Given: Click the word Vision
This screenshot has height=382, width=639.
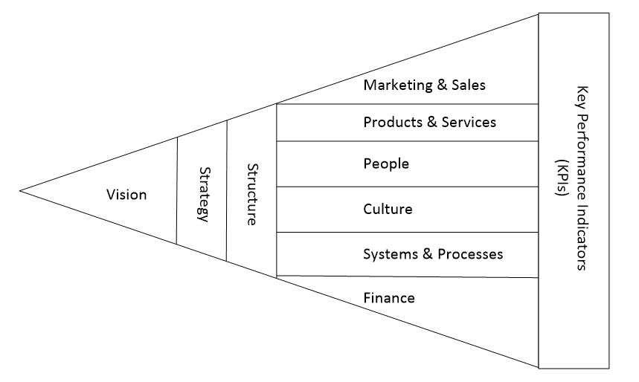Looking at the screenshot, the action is pyautogui.click(x=126, y=195).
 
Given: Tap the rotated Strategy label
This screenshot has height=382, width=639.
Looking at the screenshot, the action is pyautogui.click(x=205, y=195).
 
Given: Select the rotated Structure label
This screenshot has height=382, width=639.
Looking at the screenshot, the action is pyautogui.click(x=253, y=195).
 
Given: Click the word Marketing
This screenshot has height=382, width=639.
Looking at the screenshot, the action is pyautogui.click(x=397, y=85).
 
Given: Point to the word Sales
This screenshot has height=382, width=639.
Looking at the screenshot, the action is pyautogui.click(x=469, y=85).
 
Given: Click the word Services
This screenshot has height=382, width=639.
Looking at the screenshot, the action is pyautogui.click(x=469, y=122).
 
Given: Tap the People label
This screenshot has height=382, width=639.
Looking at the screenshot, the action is pyautogui.click(x=386, y=164).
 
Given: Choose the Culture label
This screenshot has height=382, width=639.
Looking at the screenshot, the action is pyautogui.click(x=388, y=209).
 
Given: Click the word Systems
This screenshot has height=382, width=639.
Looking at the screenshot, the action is pyautogui.click(x=391, y=254).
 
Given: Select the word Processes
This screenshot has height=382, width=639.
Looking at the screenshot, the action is pyautogui.click(x=470, y=254).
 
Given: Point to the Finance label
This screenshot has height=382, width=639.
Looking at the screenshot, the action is pyautogui.click(x=389, y=298).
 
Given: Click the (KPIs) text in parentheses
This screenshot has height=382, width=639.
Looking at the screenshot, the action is pyautogui.click(x=562, y=178).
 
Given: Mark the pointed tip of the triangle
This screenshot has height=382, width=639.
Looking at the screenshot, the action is pyautogui.click(x=19, y=190).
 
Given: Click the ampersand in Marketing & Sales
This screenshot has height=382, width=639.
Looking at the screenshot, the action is pyautogui.click(x=442, y=85).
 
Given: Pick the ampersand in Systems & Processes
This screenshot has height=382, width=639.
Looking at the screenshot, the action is pyautogui.click(x=428, y=254).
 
